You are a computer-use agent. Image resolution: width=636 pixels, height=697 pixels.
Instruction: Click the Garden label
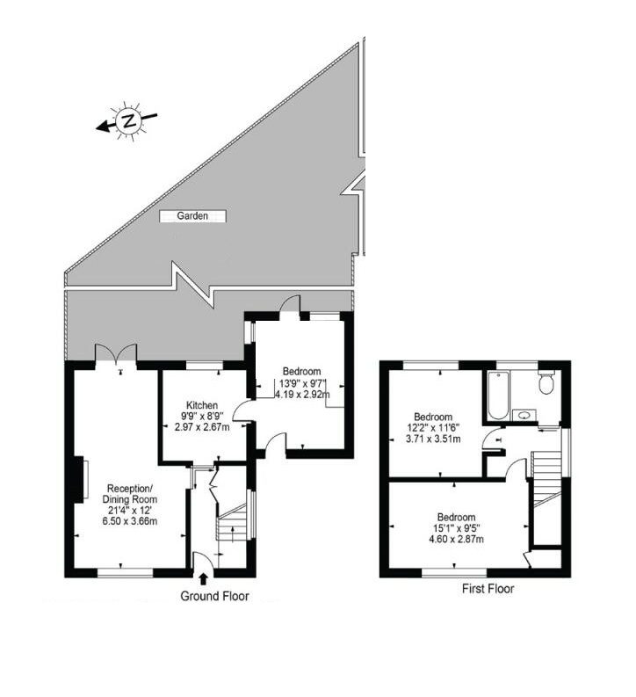(x=192, y=216)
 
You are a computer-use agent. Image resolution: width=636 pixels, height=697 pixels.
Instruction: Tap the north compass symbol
(x=128, y=121)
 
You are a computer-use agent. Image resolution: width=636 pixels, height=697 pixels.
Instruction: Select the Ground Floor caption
(x=214, y=596)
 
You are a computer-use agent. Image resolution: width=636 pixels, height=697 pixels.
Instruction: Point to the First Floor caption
(x=488, y=589)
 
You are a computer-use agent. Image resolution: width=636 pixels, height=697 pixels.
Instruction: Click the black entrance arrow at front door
(x=204, y=578)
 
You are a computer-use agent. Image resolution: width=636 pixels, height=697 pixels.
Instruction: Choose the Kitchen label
(x=202, y=405)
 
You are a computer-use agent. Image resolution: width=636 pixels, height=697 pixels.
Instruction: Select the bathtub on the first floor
(x=497, y=396)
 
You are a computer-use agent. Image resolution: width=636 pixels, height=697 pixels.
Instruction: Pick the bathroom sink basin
(x=524, y=416)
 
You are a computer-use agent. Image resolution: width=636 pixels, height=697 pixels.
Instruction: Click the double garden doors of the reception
(x=115, y=354)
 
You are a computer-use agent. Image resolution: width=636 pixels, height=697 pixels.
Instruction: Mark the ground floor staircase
(x=232, y=522)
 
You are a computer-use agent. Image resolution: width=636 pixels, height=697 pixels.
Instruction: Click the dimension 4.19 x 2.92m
(x=302, y=394)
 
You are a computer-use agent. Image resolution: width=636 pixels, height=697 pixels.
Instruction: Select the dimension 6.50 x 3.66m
(x=130, y=521)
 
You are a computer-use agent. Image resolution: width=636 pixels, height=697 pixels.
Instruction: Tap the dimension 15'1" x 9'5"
(x=456, y=528)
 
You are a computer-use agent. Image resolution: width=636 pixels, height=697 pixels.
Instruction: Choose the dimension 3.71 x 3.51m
(x=433, y=439)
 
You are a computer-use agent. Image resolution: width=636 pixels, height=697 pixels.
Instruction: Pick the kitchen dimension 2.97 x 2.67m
(x=203, y=428)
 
